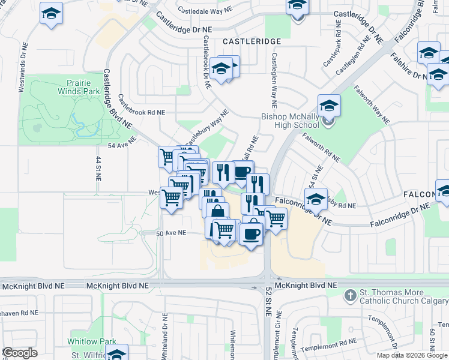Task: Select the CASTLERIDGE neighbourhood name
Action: click(x=252, y=41)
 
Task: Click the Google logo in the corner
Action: click(x=19, y=353)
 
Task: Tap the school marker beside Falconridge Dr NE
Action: click(x=316, y=199)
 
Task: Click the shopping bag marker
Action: click(x=217, y=212)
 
